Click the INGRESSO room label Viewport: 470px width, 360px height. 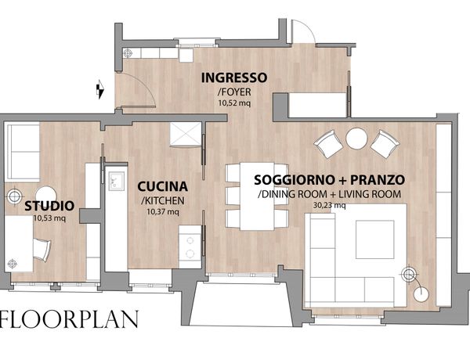pyautogui.click(x=234, y=78)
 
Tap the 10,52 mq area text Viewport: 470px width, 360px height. pyautogui.click(x=234, y=103)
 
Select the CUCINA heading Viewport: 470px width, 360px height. pyautogui.click(x=162, y=186)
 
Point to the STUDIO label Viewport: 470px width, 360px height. pyautogui.click(x=49, y=206)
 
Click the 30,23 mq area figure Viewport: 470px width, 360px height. pyautogui.click(x=329, y=206)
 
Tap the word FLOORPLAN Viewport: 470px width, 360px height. pyautogui.click(x=69, y=319)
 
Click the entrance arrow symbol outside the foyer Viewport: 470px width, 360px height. pyautogui.click(x=100, y=89)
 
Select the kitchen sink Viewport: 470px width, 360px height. pyautogui.click(x=116, y=181)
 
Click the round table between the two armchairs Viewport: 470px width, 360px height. pyautogui.click(x=356, y=139)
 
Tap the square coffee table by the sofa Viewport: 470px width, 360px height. pyautogui.click(x=375, y=239)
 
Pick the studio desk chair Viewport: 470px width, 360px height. pyautogui.click(x=42, y=250)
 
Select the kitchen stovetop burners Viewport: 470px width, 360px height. pyautogui.click(x=190, y=247)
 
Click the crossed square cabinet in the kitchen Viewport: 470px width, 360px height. pyautogui.click(x=186, y=134)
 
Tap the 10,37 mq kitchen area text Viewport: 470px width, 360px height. pyautogui.click(x=163, y=212)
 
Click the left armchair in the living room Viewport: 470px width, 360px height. pyautogui.click(x=328, y=144)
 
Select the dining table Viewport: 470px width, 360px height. pyautogui.click(x=257, y=196)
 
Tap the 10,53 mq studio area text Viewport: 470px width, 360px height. pyautogui.click(x=49, y=218)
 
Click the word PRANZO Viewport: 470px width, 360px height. pyautogui.click(x=378, y=180)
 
